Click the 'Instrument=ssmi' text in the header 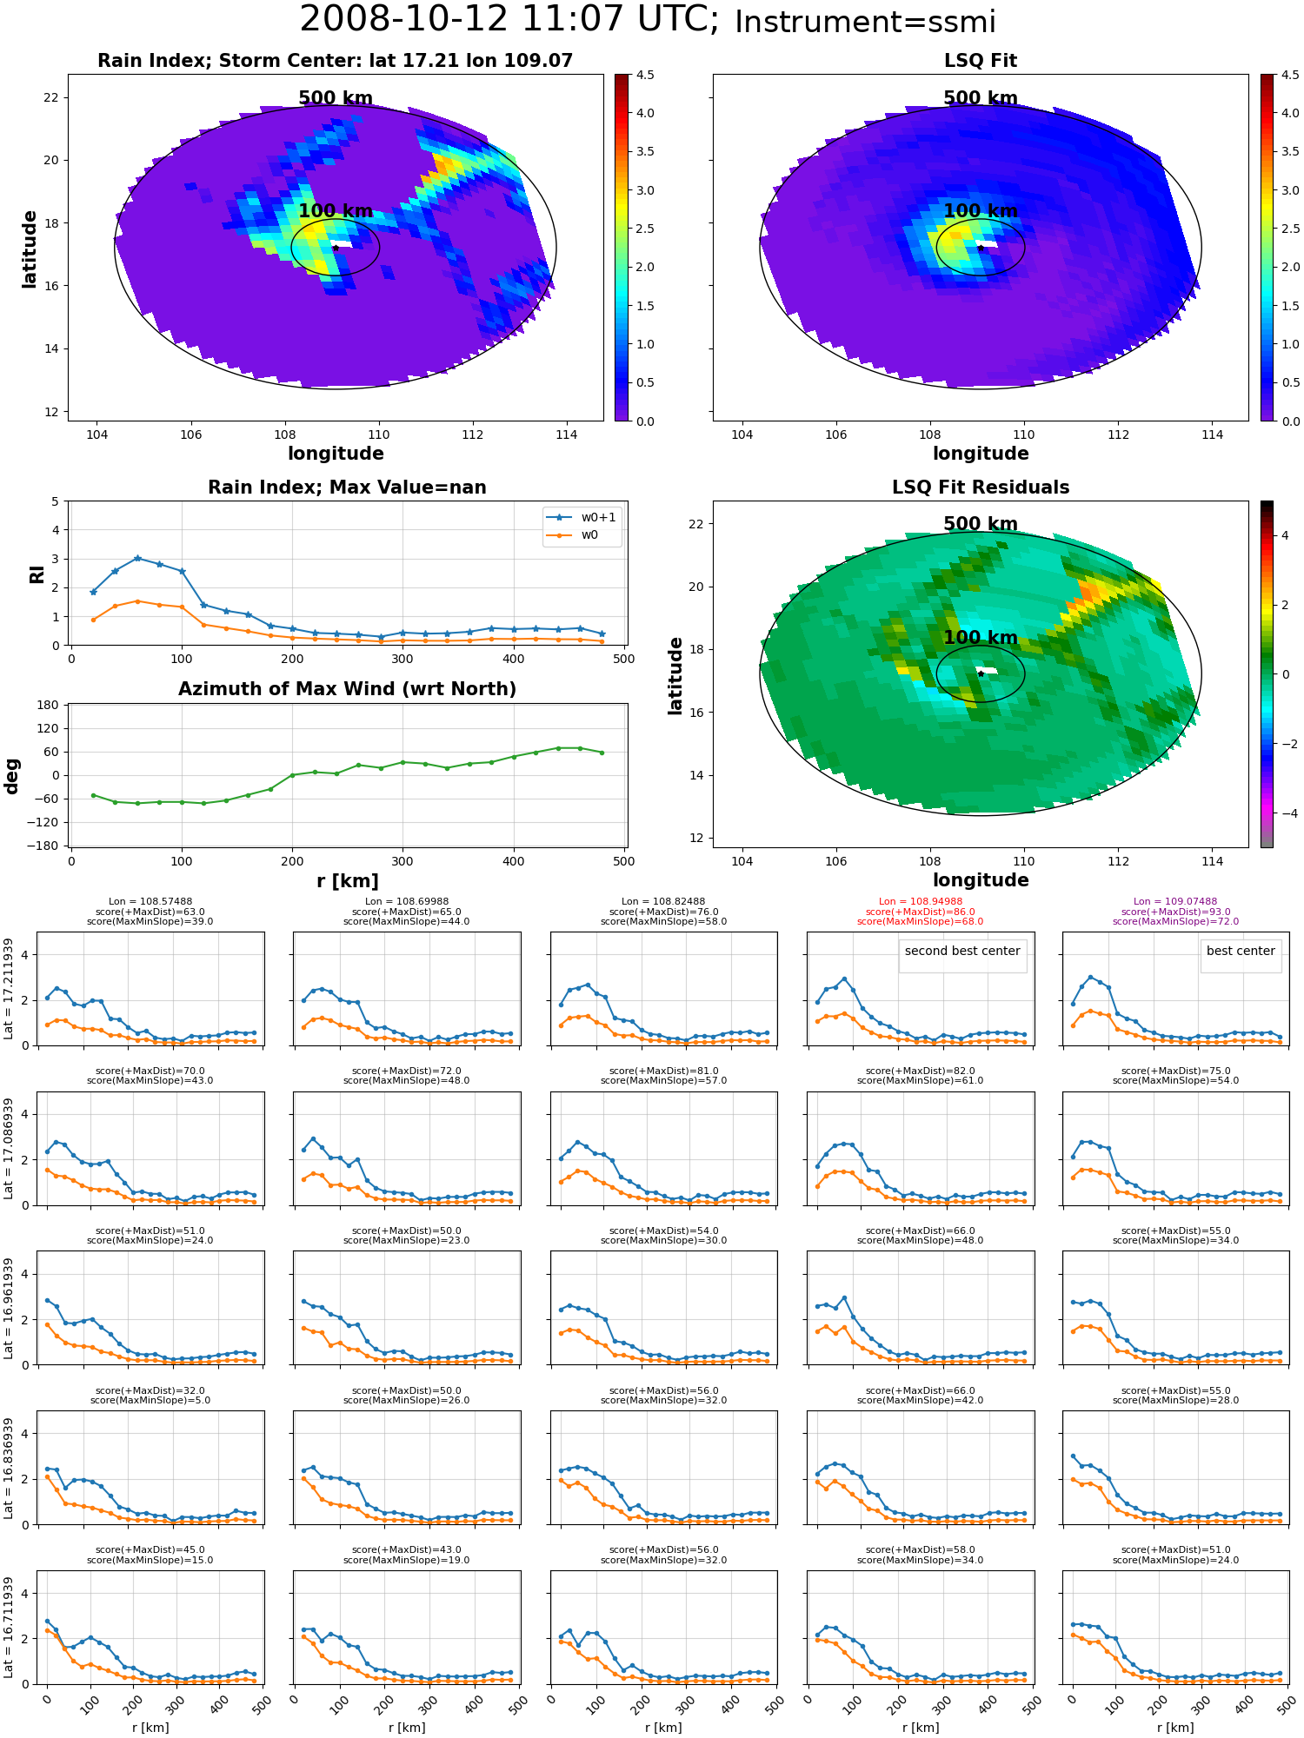(865, 23)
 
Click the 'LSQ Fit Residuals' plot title (981, 488)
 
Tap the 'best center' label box (1241, 952)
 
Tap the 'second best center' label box (962, 952)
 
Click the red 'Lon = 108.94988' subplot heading (921, 902)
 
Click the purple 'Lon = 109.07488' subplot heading (1175, 902)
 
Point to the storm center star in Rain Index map (336, 248)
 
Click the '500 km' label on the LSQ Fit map (981, 98)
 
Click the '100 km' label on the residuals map (981, 638)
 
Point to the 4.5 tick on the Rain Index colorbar (644, 75)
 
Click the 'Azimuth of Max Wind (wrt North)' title (347, 689)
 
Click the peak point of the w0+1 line (137, 558)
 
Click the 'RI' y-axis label (37, 574)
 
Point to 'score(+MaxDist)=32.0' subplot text (150, 1390)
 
